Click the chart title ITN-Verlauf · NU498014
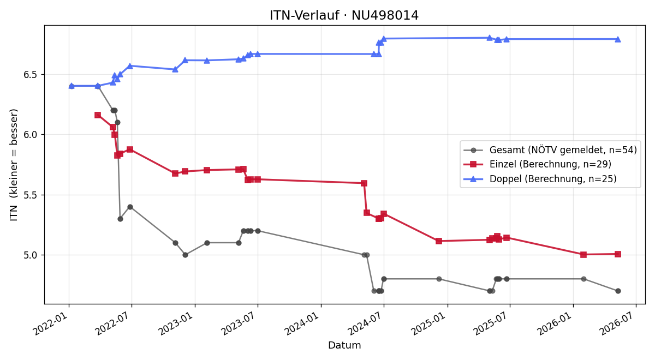point(344,15)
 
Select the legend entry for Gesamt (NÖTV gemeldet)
point(550,150)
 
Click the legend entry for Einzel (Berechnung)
point(538,164)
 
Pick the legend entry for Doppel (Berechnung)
point(540,179)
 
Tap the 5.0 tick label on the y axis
point(31,255)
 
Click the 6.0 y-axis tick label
point(31,135)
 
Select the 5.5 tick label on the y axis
point(31,195)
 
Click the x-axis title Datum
point(344,345)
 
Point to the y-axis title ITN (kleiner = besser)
point(14,165)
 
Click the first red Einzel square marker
point(98,115)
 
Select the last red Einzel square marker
point(617,254)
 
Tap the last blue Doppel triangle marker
point(617,39)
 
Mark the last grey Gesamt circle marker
point(618,291)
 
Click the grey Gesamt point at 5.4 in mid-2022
point(130,207)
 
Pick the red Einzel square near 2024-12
point(439,241)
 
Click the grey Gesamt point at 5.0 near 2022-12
point(185,255)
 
